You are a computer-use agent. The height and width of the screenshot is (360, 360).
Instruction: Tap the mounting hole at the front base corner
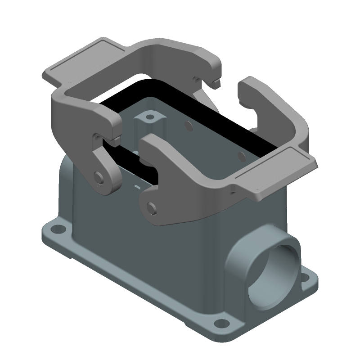tap(220, 323)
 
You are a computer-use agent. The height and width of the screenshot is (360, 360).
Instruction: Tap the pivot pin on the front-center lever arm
tap(152, 207)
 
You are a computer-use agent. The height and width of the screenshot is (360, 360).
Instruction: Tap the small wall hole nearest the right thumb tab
tap(242, 156)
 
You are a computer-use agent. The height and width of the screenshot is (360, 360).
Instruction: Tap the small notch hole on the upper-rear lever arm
tap(197, 80)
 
